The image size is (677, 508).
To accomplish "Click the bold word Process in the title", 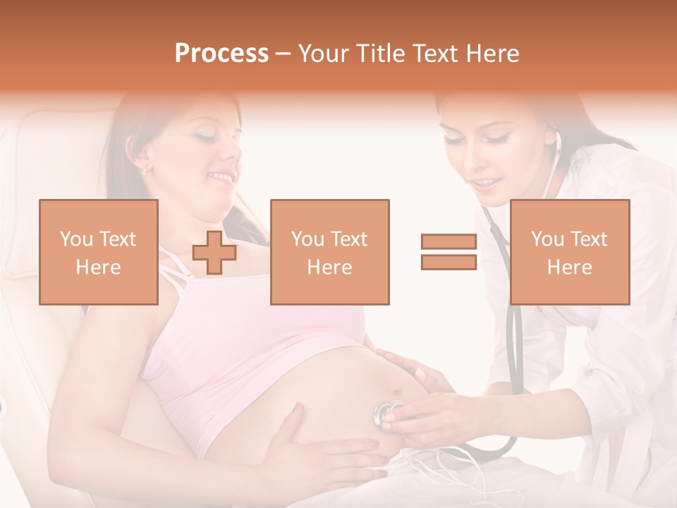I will (x=221, y=54).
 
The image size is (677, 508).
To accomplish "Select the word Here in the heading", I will (x=491, y=54).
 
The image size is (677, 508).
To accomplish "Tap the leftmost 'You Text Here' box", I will (x=99, y=253).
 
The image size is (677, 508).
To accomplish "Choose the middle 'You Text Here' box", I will (x=329, y=253).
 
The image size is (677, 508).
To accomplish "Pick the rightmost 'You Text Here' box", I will (x=570, y=253).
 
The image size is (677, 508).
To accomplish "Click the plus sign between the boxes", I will (x=214, y=253).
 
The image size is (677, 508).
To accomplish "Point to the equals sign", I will (x=449, y=253).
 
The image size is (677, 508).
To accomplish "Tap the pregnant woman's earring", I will (x=145, y=169).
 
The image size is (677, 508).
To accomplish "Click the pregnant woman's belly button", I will (x=396, y=392).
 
